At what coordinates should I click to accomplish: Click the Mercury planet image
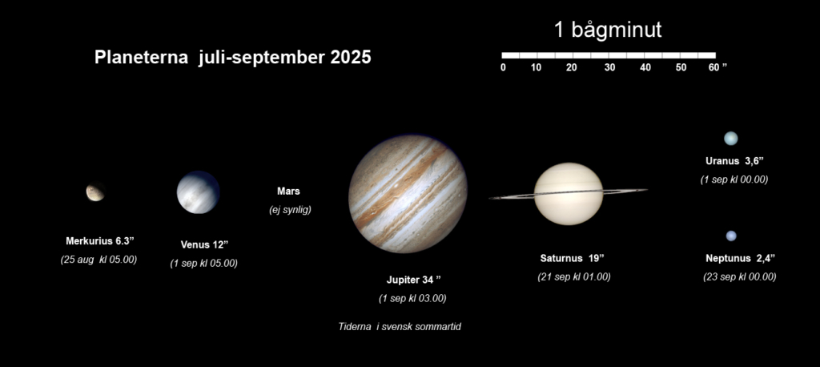point(95,192)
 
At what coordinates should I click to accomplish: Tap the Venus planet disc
point(199,192)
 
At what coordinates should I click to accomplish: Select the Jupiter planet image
point(408,194)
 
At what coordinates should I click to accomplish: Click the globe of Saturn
point(569,194)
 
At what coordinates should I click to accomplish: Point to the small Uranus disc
point(730,138)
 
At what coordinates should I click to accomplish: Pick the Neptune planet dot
point(731,236)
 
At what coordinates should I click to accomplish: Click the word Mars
point(288,192)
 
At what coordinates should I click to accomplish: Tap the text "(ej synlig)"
point(290,210)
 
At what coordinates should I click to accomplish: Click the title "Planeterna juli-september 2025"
point(233,58)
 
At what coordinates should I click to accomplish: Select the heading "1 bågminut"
point(608,30)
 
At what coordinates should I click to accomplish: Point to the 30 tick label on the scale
point(609,67)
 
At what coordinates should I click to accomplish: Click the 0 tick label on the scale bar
point(503,67)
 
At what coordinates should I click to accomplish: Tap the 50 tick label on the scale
point(681,67)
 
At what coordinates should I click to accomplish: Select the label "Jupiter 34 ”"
point(414,280)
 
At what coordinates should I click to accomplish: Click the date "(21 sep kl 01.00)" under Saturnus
point(573,277)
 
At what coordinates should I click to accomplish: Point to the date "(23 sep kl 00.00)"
point(739,277)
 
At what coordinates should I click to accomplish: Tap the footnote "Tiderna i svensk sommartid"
point(400,327)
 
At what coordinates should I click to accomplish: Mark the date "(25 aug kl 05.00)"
point(98,259)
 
